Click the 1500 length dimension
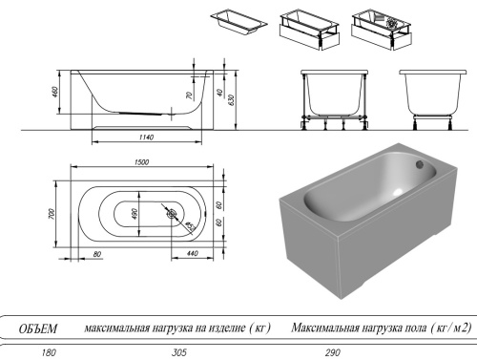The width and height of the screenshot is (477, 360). click(140, 162)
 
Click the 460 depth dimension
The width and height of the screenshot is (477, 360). click(57, 93)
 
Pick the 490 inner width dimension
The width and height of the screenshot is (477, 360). click(135, 214)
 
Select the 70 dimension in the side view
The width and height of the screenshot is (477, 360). click(190, 95)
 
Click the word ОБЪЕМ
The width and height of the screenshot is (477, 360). click(39, 328)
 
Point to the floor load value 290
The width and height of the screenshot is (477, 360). click(332, 352)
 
